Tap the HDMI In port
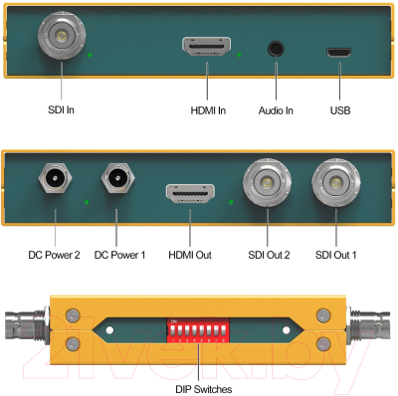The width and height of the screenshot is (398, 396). click(x=207, y=47)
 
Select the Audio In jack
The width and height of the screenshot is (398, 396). click(x=276, y=48)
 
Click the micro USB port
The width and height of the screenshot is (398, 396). click(x=339, y=50)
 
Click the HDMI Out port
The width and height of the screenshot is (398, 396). click(x=189, y=195)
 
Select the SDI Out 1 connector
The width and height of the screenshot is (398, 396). click(x=335, y=183)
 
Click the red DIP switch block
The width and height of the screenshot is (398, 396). click(x=199, y=328)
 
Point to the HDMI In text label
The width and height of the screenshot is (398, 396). click(x=208, y=110)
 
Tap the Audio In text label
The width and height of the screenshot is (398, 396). click(x=276, y=110)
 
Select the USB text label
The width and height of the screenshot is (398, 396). click(x=340, y=110)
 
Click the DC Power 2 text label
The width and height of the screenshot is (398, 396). click(x=54, y=256)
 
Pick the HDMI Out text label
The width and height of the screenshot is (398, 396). click(x=189, y=256)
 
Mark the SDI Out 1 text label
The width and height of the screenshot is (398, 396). click(x=336, y=256)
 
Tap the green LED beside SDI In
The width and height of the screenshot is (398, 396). click(x=91, y=54)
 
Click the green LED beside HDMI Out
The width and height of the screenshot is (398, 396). click(x=231, y=203)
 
